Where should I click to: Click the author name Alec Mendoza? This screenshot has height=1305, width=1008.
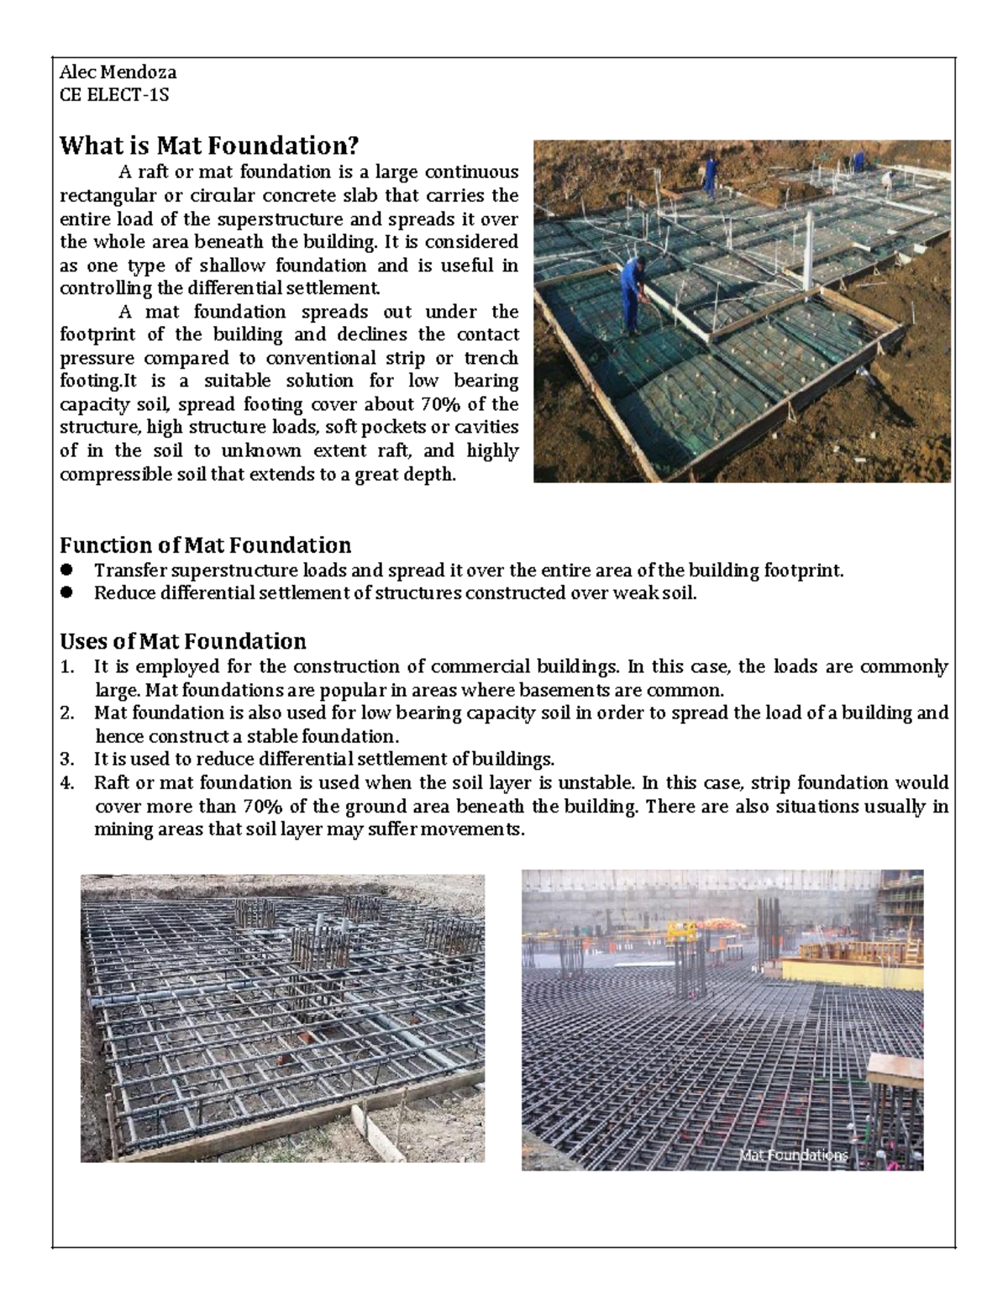118,72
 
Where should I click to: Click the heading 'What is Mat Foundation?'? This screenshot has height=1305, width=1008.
208,146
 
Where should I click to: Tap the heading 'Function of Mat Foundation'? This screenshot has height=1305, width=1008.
205,545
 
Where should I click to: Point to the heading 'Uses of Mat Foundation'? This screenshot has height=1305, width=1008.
182,642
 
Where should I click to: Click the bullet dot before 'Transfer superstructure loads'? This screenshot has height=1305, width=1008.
66,571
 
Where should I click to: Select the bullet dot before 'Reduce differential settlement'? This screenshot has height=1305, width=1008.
66,593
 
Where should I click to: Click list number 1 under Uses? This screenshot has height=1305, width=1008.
66,667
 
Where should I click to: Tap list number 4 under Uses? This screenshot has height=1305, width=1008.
67,783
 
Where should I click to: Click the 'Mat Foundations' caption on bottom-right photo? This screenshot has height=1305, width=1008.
793,1155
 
